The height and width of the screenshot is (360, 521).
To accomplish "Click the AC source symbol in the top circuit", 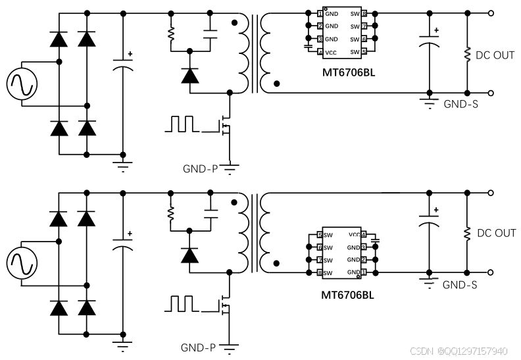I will (x=22, y=84).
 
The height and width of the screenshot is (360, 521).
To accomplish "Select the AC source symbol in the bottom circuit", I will (x=22, y=263).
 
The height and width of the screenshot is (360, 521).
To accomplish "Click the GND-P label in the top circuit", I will (x=200, y=168).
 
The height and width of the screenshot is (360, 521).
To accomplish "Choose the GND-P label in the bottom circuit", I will (x=199, y=347).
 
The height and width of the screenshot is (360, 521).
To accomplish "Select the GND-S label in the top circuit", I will (x=460, y=103).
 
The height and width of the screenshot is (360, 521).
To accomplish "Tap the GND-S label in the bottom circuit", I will (x=460, y=285).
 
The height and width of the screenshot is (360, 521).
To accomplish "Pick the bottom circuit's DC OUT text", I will (x=496, y=233).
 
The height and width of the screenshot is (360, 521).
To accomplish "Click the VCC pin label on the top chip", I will (x=332, y=52).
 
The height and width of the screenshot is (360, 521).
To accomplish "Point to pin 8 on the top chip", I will (x=364, y=13).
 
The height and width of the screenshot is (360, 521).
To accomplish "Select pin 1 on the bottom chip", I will (x=364, y=272).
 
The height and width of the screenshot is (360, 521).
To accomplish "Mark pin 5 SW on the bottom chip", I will (x=320, y=235).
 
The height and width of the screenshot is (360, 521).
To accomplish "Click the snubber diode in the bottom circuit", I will (x=190, y=255).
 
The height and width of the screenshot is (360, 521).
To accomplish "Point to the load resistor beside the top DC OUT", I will (x=468, y=53).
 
